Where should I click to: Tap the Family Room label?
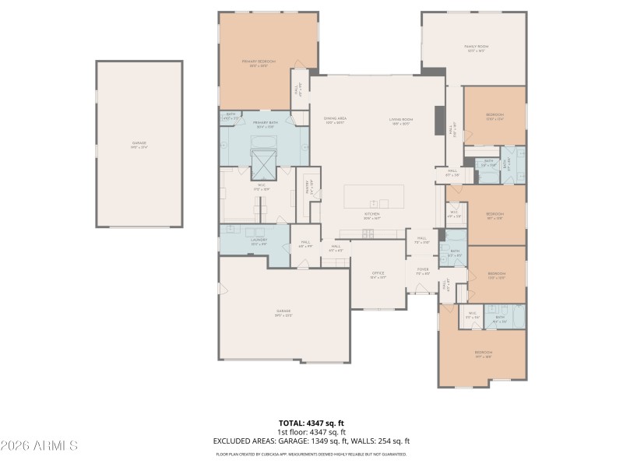tap(476, 47)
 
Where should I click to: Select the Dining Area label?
tap(335, 119)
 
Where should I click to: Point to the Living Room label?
tap(401, 119)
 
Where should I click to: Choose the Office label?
tap(378, 273)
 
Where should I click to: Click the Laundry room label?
tap(259, 241)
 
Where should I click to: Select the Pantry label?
tap(307, 186)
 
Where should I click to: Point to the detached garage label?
tap(139, 143)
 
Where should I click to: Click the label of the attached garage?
tap(283, 312)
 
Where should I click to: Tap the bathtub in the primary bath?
tap(264, 140)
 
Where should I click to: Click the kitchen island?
tap(375, 195)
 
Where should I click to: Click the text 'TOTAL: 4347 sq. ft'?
tap(311, 423)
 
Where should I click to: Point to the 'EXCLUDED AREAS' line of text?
tap(311, 441)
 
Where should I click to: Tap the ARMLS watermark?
tap(39, 446)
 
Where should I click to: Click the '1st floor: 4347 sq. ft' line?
tap(311, 432)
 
